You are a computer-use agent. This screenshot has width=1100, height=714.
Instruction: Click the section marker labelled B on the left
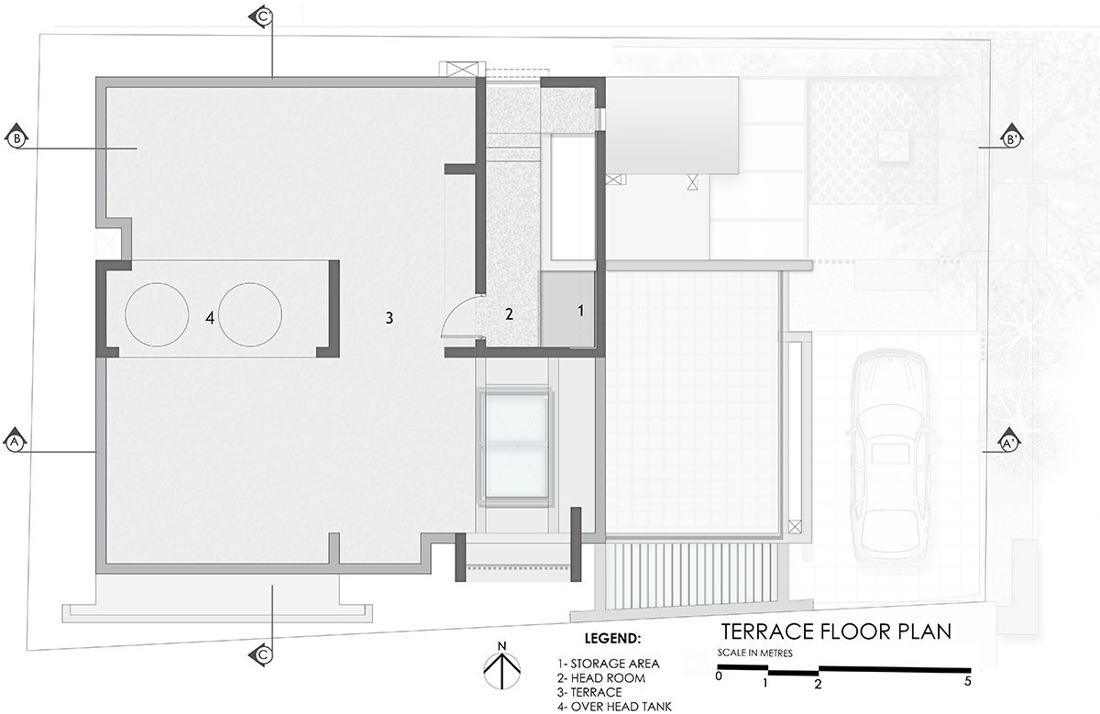click(16, 137)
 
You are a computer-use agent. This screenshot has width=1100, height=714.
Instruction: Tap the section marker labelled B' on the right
click(1012, 138)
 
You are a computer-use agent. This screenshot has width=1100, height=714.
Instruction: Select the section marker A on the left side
click(16, 441)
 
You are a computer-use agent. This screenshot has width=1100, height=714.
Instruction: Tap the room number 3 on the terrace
click(390, 318)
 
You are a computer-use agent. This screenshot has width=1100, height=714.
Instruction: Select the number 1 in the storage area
click(581, 311)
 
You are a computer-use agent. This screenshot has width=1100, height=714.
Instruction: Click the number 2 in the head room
click(510, 313)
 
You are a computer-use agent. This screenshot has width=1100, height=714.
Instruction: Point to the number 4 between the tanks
click(210, 318)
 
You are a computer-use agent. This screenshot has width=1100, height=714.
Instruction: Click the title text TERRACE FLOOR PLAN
click(836, 632)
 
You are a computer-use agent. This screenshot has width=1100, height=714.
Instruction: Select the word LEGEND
click(612, 638)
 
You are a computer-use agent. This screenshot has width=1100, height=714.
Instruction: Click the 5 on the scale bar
click(967, 681)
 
